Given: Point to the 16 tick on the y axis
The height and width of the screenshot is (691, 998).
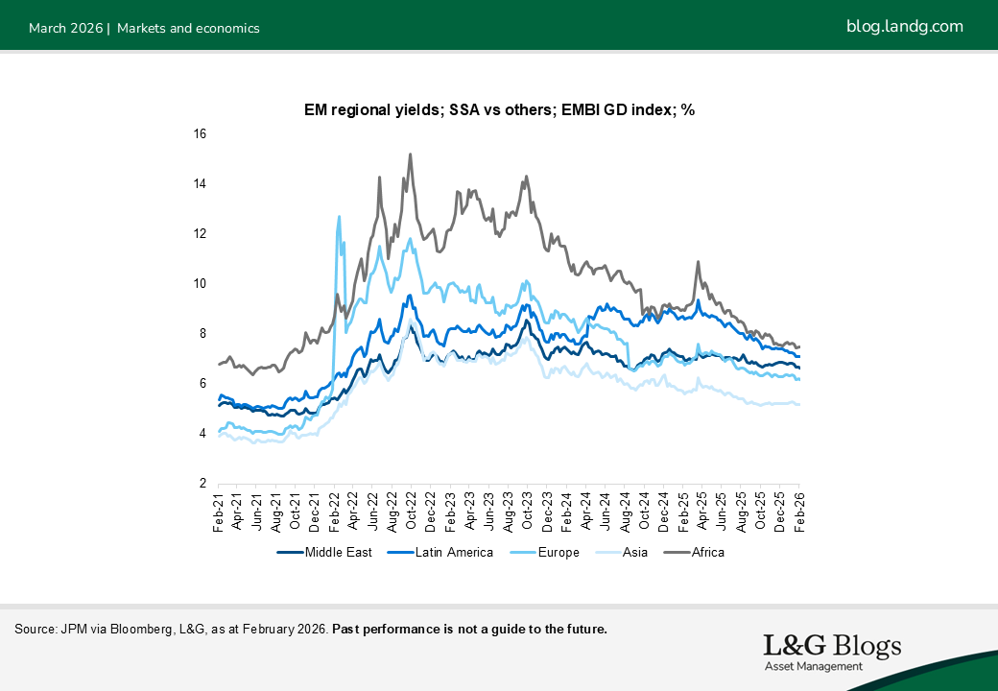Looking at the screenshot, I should coord(200,134).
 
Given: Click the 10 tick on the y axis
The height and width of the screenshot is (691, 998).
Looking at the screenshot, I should coord(200,284).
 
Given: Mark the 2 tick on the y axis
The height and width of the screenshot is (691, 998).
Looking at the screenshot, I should coord(202,484).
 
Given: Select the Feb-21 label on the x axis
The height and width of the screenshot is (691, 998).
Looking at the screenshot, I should coord(219,509).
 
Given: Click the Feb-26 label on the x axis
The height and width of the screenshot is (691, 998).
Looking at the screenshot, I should coord(799,509).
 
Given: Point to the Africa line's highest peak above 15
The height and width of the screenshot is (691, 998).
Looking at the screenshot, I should coord(411,154).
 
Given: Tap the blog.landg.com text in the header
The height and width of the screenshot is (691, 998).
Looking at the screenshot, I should coord(904,27).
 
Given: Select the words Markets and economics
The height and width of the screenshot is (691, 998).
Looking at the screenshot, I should coord(188,28).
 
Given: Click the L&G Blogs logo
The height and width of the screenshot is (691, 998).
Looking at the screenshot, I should coord(832,646).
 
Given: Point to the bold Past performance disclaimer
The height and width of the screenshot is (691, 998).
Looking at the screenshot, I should coord(469,630).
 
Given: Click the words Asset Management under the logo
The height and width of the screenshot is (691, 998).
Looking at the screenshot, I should coord(813,667).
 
